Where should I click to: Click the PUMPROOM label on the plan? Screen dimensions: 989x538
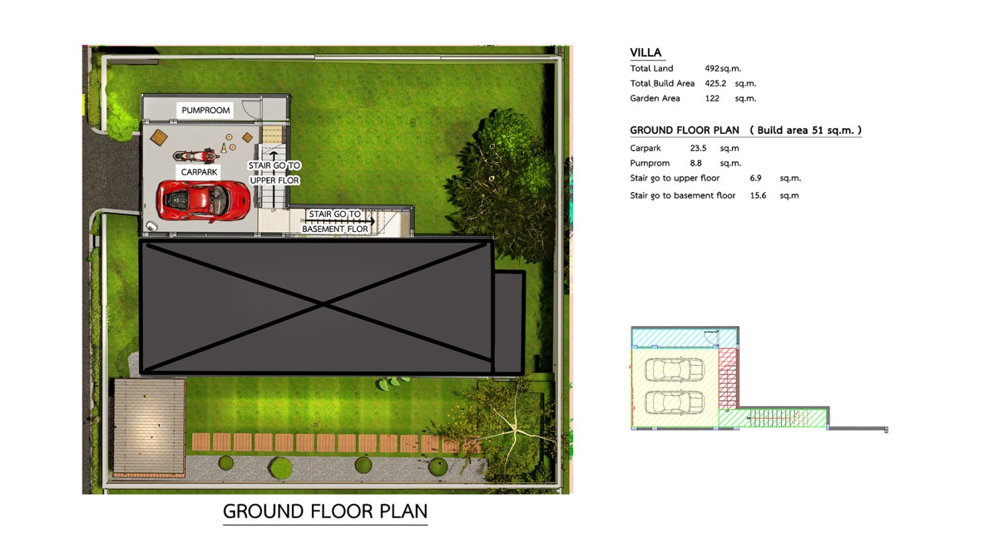pos(206,110)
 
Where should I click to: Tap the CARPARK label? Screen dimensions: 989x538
pos(199,172)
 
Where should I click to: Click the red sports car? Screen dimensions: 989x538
pos(203,201)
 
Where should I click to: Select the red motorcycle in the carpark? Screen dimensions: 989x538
pos(196,156)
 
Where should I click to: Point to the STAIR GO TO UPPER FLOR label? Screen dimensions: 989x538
pos(274,173)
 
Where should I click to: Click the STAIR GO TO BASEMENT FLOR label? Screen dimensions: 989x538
pos(335,222)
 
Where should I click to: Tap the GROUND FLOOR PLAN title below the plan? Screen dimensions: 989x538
pos(326,512)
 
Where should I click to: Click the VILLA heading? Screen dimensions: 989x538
pos(645,53)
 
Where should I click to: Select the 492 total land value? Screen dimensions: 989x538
pos(711,69)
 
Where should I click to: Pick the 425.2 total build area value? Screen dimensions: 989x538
pos(715,84)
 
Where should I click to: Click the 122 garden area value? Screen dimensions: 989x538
pos(711,98)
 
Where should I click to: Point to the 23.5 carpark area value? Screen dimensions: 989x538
pos(698,148)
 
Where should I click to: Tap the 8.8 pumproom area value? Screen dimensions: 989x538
pos(696,164)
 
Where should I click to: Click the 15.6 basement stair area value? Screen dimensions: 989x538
pos(758,196)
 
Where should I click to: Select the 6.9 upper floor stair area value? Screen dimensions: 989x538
pos(756,178)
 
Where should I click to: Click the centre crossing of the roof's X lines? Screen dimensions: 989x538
pos(324,304)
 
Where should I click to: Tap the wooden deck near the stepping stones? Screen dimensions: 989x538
pos(149,427)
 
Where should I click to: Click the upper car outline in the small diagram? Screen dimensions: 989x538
pos(674,370)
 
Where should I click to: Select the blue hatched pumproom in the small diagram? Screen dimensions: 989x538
pos(684,338)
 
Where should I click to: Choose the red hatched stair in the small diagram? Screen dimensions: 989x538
pos(728,378)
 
